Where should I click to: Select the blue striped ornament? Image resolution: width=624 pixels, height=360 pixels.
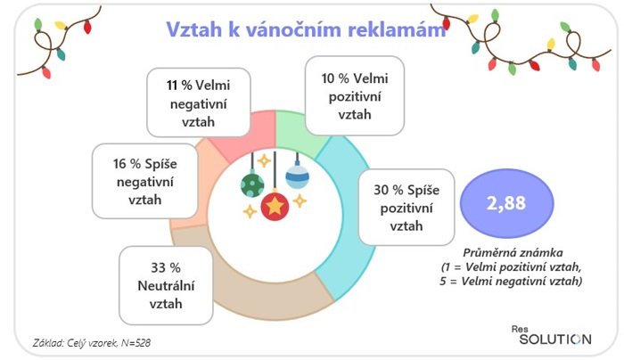(297, 175)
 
